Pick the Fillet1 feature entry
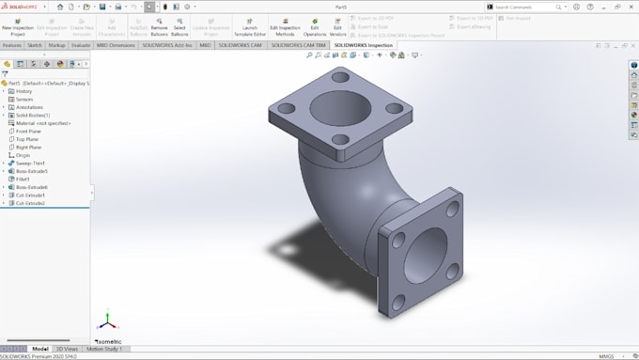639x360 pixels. (x=23, y=179)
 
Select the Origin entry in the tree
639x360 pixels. (x=23, y=155)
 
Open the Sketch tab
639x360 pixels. (x=35, y=44)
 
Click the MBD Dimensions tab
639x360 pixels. (x=116, y=44)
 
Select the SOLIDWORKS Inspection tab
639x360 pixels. (x=364, y=44)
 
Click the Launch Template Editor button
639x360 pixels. (x=250, y=27)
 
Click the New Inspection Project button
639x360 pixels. (x=18, y=27)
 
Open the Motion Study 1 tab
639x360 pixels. (x=105, y=349)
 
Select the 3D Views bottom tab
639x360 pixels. (x=68, y=349)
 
